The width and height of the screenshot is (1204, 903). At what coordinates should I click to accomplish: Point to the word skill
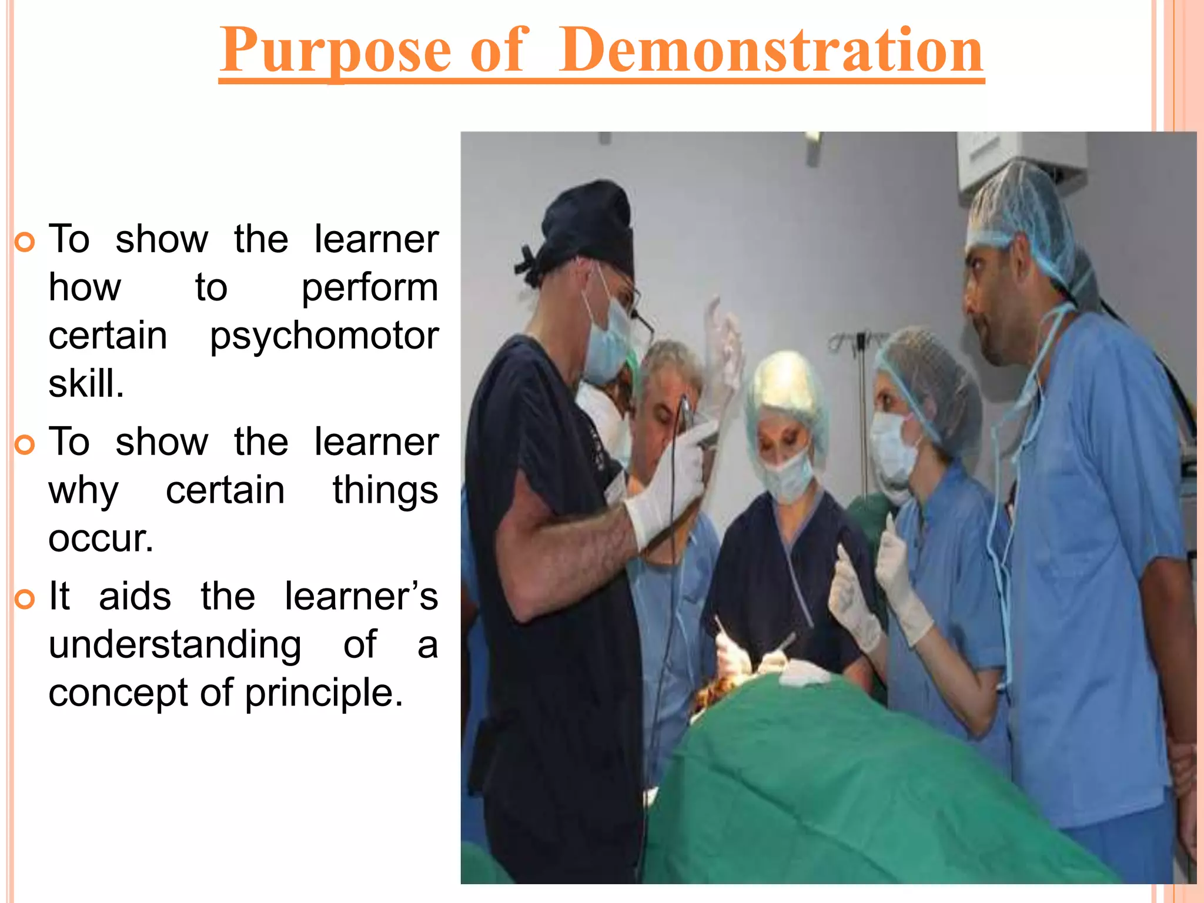tap(86, 384)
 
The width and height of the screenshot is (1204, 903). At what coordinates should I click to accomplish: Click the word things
tap(385, 491)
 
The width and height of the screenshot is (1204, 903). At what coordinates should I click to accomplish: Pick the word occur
tap(101, 539)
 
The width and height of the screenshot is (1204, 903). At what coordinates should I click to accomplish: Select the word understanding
tap(175, 646)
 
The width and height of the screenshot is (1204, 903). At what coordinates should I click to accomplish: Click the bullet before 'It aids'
tap(25, 600)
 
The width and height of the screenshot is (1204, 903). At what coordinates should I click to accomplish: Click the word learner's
tap(361, 597)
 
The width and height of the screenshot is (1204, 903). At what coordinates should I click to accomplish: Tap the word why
tap(83, 491)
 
